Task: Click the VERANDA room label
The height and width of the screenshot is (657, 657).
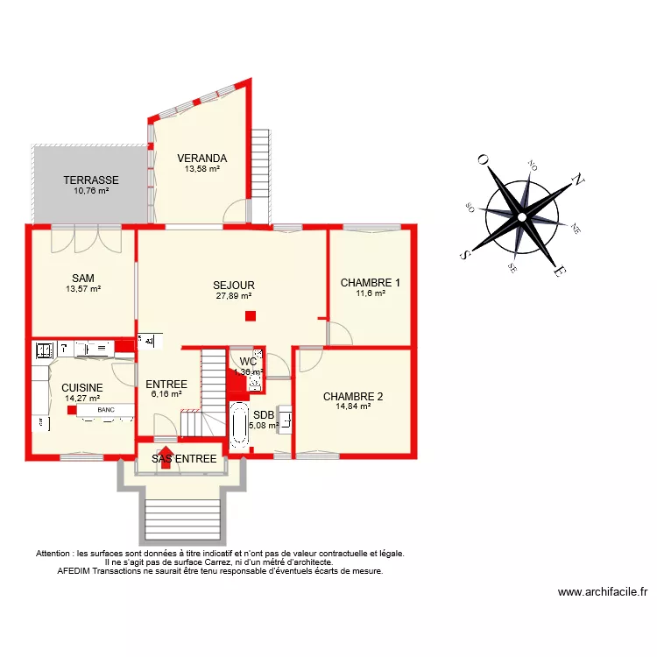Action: tap(201, 159)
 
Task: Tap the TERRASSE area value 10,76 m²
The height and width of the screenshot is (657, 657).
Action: tap(91, 191)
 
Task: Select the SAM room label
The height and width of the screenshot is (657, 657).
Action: tap(83, 278)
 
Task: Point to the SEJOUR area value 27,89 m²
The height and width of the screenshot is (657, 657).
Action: tap(234, 296)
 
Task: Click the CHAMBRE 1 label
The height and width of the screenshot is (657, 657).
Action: tap(371, 283)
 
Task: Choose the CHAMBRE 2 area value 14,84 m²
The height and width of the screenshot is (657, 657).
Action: tap(353, 406)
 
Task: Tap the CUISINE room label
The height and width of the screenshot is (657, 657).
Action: tap(82, 387)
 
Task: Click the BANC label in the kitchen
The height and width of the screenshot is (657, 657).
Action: tap(106, 410)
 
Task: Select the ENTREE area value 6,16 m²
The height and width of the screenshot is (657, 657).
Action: tap(166, 395)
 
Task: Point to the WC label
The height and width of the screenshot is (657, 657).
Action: tap(248, 361)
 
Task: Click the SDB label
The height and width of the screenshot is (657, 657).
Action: tap(264, 415)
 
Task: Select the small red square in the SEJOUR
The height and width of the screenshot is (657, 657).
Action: tap(251, 316)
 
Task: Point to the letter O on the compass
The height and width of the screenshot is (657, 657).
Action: tap(482, 160)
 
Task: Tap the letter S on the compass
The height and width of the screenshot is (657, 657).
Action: tap(463, 255)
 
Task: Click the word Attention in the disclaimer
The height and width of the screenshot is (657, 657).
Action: tap(54, 554)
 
